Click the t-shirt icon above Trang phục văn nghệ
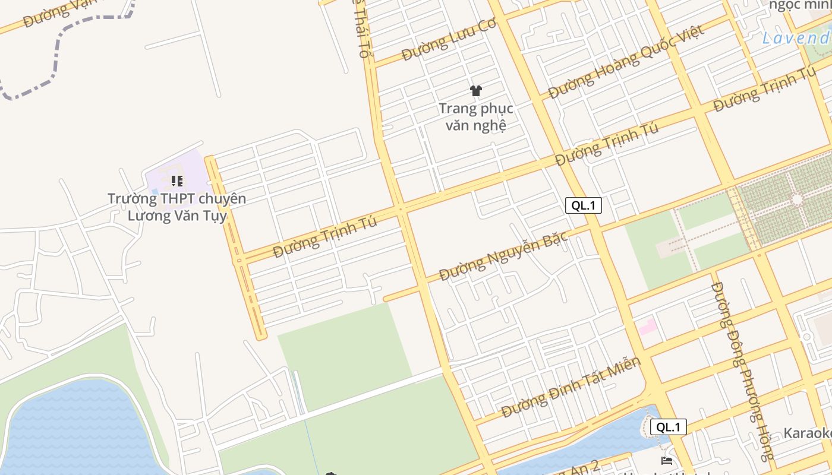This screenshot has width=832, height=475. [x=475, y=91]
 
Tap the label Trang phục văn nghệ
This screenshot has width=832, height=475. [x=475, y=117]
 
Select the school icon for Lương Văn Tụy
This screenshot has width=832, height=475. [x=177, y=180]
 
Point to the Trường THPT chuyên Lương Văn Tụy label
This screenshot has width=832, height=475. [x=177, y=207]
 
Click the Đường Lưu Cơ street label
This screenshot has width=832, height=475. [x=448, y=40]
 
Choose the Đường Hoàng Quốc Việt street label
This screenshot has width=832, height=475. [x=626, y=61]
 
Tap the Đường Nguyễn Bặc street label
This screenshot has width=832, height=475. [x=503, y=256]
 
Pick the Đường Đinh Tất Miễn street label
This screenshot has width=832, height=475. [x=571, y=387]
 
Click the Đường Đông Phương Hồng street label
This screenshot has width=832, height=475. [x=742, y=371]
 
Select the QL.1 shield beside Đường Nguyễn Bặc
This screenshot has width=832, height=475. [x=583, y=205]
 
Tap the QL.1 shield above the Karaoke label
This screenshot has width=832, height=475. [x=668, y=427]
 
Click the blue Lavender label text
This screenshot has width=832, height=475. [x=796, y=39]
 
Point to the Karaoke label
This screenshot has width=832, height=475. [x=807, y=433]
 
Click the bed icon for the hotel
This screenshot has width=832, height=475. [x=667, y=460]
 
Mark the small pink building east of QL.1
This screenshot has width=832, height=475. [x=647, y=326]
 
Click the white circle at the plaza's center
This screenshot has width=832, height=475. [x=796, y=199]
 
